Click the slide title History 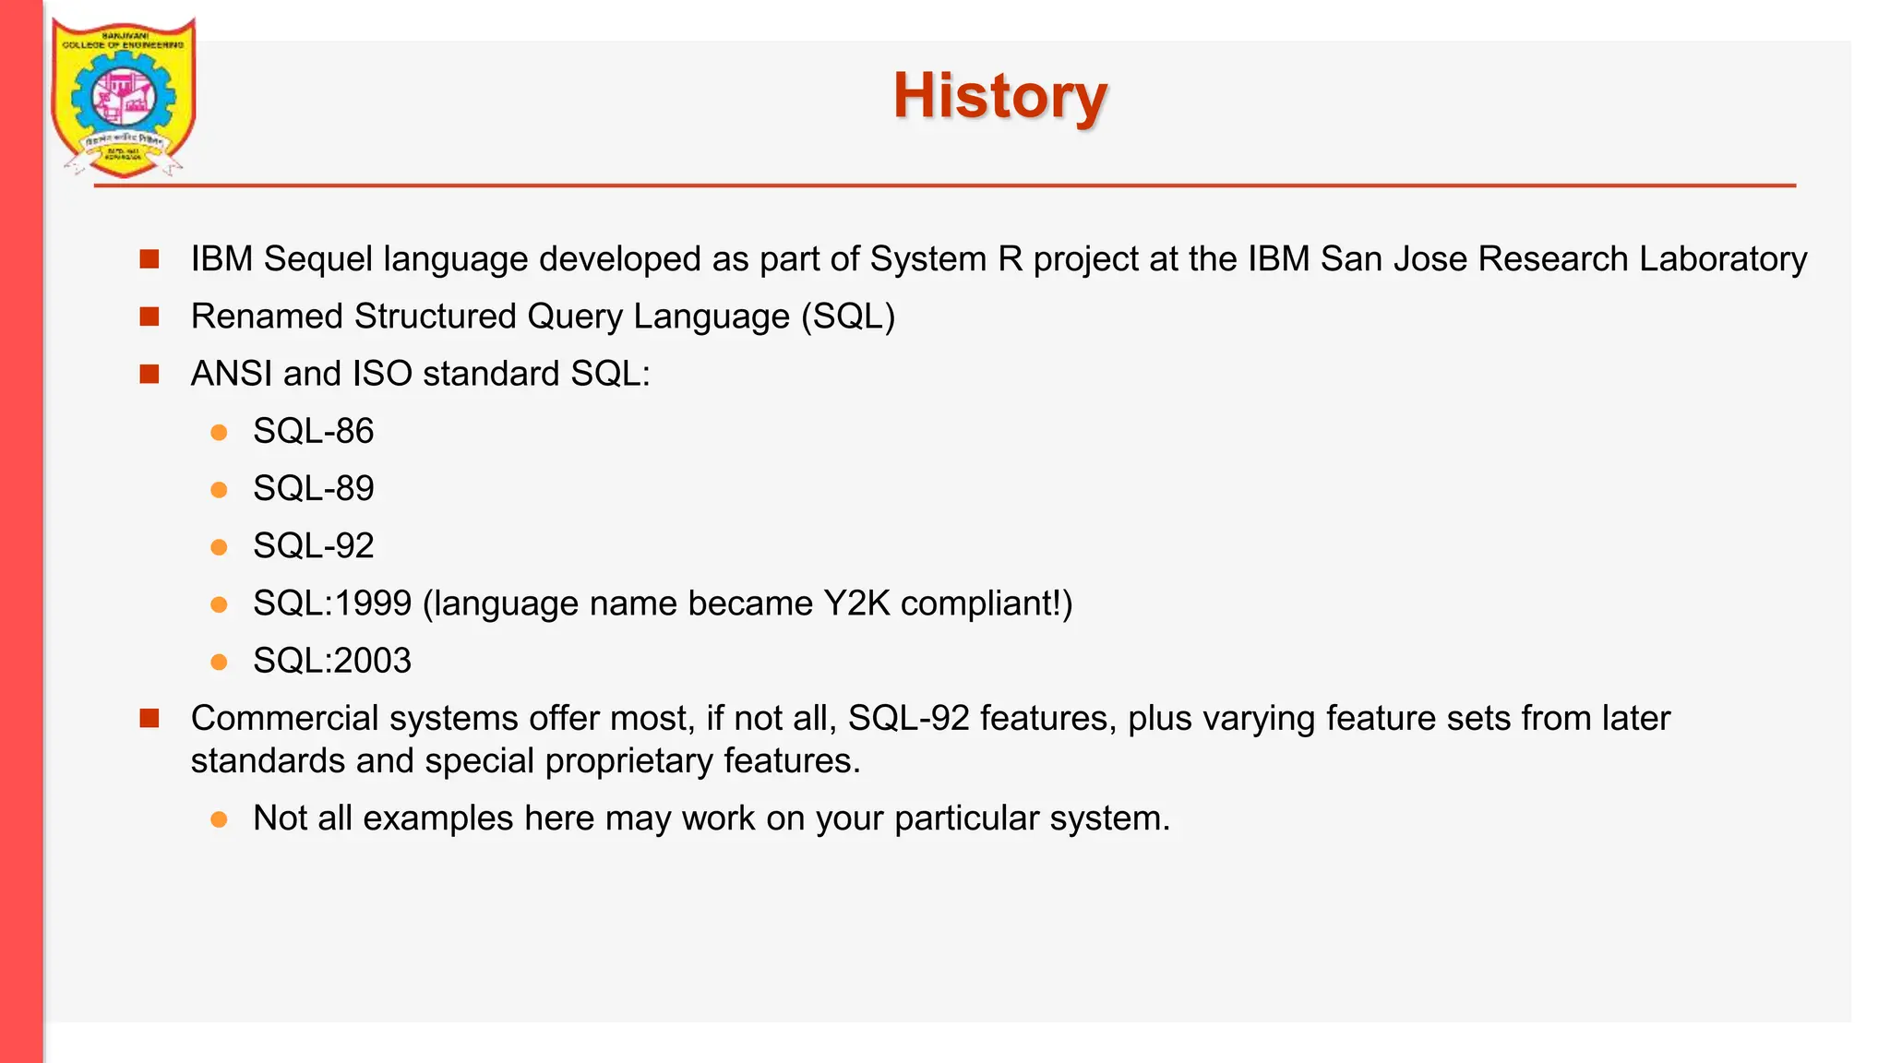[999, 96]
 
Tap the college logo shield [123, 97]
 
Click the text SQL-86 [313, 431]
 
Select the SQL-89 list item [313, 488]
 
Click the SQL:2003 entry [331, 661]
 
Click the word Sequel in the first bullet [318, 259]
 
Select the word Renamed [267, 317]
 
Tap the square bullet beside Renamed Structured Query [150, 317]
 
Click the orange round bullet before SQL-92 [219, 547]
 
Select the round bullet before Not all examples [219, 819]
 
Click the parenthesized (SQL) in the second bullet [848, 317]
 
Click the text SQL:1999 [331, 603]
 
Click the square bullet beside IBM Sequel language [150, 259]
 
